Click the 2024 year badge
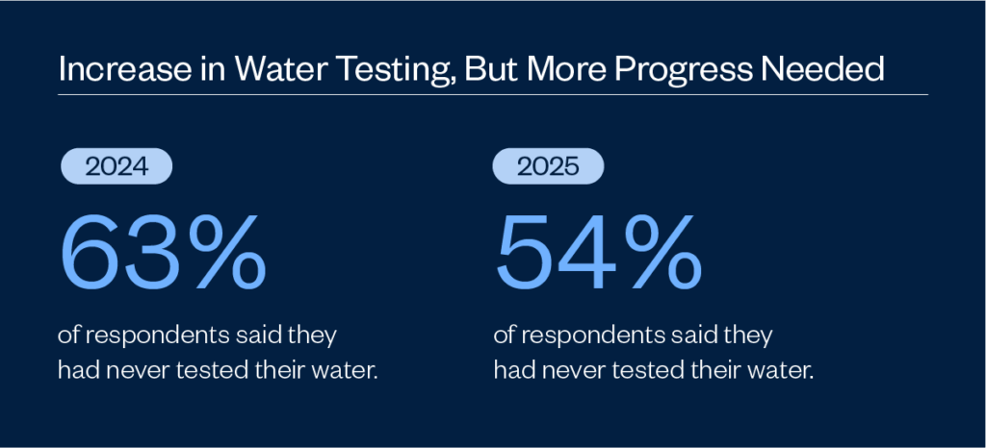coord(116,167)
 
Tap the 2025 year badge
coord(548,167)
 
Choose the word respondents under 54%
coord(584,336)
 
